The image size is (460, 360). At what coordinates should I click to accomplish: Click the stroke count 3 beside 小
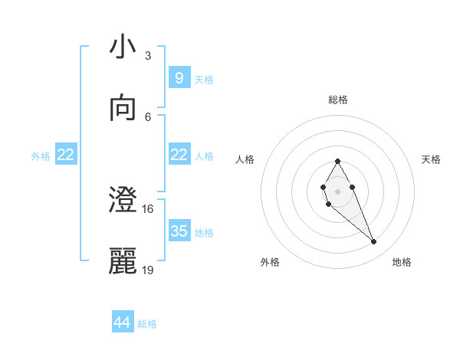(x=148, y=56)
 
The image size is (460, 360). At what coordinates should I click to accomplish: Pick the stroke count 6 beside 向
(x=148, y=116)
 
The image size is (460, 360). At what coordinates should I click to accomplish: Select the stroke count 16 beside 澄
(x=148, y=208)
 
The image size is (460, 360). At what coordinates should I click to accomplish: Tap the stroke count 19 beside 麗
(x=148, y=270)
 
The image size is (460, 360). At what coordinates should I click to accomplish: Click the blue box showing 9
(x=179, y=78)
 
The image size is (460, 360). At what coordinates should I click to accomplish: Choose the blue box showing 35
(x=179, y=231)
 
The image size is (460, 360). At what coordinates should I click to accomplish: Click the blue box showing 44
(x=123, y=322)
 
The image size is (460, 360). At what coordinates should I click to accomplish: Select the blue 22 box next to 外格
(x=66, y=155)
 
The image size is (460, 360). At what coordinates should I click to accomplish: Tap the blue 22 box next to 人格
(x=179, y=155)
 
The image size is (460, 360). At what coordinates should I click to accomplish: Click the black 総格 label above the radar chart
(x=337, y=100)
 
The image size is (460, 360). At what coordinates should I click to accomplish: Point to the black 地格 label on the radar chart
(x=402, y=262)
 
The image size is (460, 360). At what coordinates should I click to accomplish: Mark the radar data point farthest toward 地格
(x=374, y=242)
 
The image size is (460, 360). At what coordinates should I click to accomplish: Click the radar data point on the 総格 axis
(x=337, y=161)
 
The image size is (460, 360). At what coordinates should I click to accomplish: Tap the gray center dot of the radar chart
(x=337, y=190)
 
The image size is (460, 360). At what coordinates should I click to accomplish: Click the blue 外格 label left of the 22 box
(x=41, y=155)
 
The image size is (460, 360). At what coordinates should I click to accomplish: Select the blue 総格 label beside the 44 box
(x=147, y=324)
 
